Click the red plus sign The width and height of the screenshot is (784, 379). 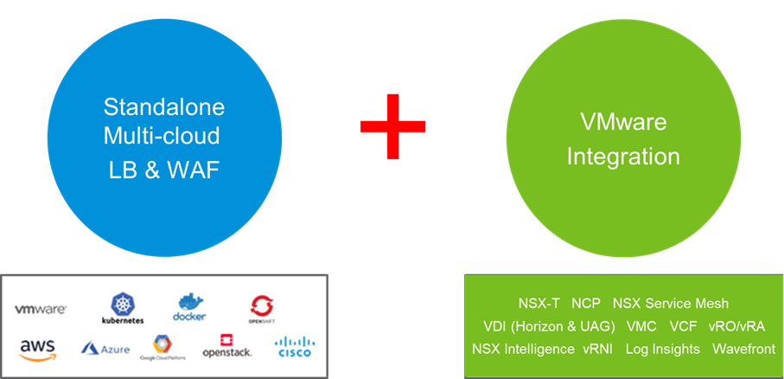pyautogui.click(x=393, y=125)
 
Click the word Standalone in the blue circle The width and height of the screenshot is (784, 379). pyautogui.click(x=164, y=107)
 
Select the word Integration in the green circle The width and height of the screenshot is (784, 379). pyautogui.click(x=622, y=157)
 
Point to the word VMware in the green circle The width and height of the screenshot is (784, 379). pyautogui.click(x=622, y=122)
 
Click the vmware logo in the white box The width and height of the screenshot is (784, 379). pyautogui.click(x=41, y=309)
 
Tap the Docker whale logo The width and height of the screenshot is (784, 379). pyautogui.click(x=190, y=307)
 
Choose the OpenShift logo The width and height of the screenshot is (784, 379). pyautogui.click(x=263, y=307)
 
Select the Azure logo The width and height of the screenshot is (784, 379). pyautogui.click(x=105, y=349)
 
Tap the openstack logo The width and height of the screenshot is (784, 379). pyautogui.click(x=227, y=347)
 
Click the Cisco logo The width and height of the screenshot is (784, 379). pyautogui.click(x=295, y=348)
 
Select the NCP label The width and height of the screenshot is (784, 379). pyautogui.click(x=586, y=304)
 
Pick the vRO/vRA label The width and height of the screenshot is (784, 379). pyautogui.click(x=736, y=327)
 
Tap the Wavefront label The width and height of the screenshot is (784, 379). pyautogui.click(x=743, y=350)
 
